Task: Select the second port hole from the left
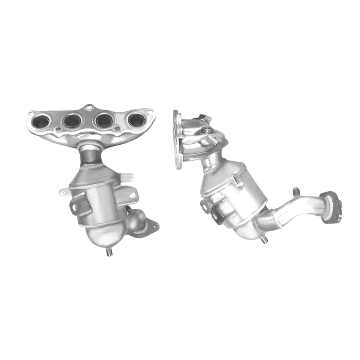[73, 120]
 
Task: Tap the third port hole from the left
[104, 120]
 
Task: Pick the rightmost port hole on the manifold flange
[135, 119]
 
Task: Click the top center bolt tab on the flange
[89, 107]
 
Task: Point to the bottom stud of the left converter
[108, 253]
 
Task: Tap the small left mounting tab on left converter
[64, 192]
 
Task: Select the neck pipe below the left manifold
[89, 153]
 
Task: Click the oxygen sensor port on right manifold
[205, 132]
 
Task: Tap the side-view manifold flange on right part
[177, 140]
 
